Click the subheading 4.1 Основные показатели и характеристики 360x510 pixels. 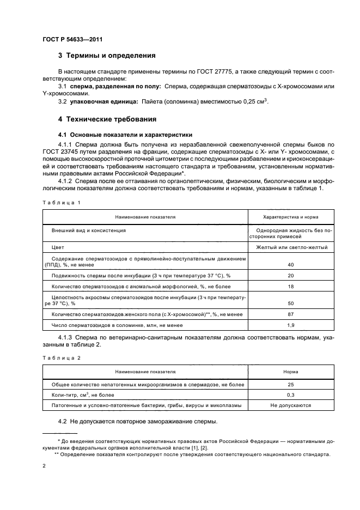point(118,134)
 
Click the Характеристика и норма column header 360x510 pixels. point(291,217)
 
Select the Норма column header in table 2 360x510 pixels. point(291,372)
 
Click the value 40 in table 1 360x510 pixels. point(291,264)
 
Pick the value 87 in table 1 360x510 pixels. point(291,314)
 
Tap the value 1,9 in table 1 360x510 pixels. point(291,325)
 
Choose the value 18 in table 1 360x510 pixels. point(291,286)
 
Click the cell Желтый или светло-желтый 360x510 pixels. point(291,247)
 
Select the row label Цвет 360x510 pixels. point(58,247)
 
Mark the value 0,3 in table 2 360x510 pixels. point(291,394)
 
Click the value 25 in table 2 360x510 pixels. point(291,384)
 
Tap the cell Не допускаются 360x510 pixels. point(291,405)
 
